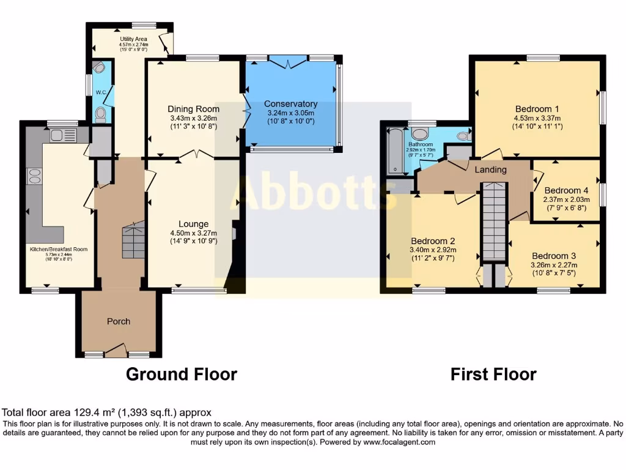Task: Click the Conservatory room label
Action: point(290,104)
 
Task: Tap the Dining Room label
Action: point(193,109)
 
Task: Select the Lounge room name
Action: point(193,224)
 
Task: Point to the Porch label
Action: point(119,321)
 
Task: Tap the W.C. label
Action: point(101,92)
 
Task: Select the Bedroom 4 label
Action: point(566,189)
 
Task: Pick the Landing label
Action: point(491,170)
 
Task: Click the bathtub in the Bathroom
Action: point(394,151)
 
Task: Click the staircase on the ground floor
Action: point(133,241)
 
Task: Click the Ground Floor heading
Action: point(181,374)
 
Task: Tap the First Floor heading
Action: point(493,374)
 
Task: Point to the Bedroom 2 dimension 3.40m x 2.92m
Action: point(433,250)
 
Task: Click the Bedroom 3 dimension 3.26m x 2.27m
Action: point(554,265)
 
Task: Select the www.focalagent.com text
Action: point(399,442)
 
